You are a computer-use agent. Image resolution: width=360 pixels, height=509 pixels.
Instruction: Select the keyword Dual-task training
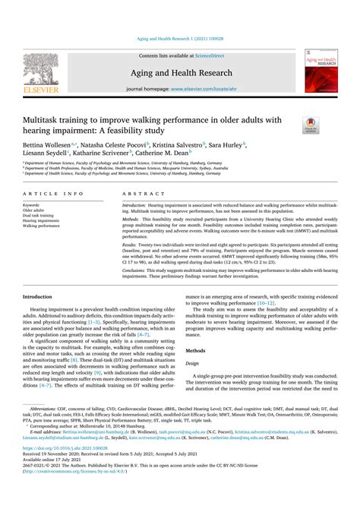point(39,215)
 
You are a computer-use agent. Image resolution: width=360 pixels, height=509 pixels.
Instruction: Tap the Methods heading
point(196,351)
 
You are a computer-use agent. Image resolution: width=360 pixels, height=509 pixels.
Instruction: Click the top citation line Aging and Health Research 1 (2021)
point(179,38)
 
